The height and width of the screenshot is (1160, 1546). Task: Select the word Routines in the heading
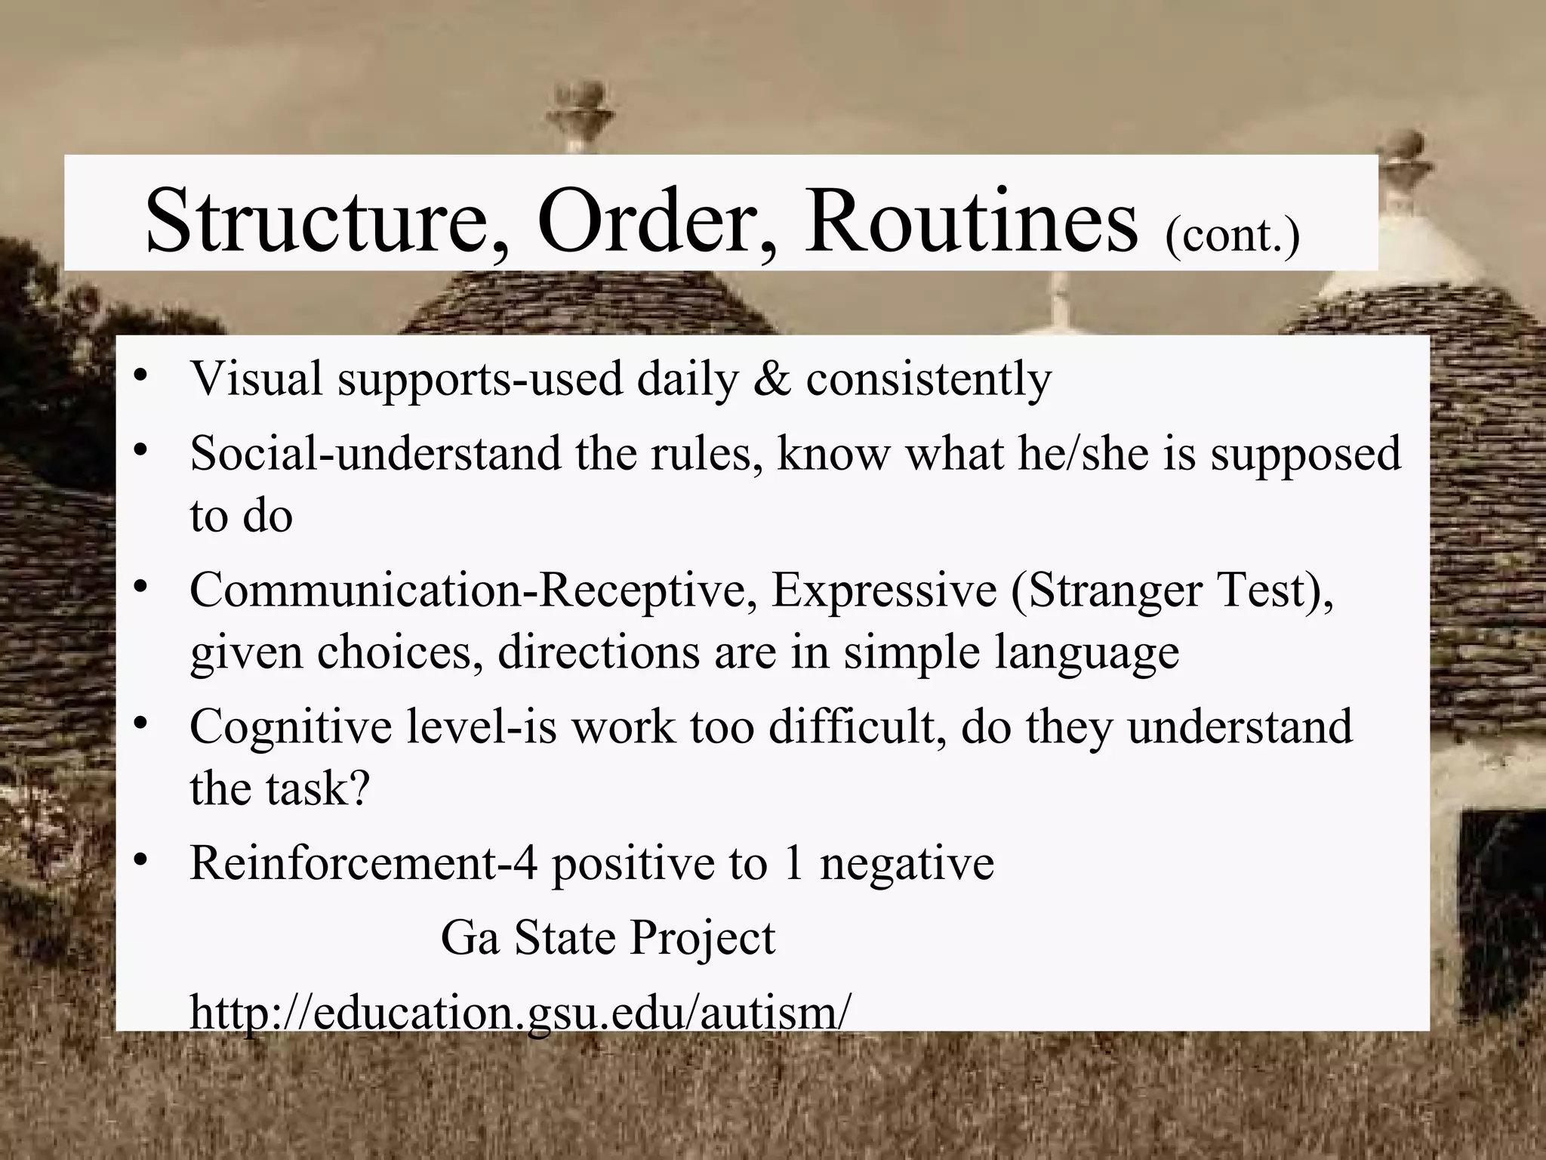970,224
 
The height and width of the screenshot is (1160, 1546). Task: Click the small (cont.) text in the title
1232,236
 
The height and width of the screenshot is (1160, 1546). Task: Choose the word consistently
929,378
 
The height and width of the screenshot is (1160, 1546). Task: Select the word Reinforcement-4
363,862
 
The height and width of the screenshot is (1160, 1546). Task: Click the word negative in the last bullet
907,862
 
